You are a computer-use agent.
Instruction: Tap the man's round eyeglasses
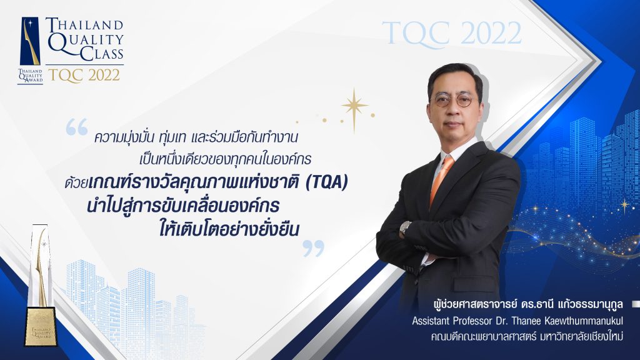tap(453, 99)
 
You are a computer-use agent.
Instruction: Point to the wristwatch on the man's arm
tap(405, 227)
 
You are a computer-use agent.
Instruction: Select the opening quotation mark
tap(77, 127)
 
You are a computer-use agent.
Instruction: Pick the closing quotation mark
tap(314, 248)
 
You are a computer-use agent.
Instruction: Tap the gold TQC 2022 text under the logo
tap(84, 76)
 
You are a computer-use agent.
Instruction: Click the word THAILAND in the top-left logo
tap(84, 24)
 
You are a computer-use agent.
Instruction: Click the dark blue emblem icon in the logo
tap(30, 41)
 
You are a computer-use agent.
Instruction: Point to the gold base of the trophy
tap(41, 326)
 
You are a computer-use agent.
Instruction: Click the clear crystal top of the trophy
tap(41, 264)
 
